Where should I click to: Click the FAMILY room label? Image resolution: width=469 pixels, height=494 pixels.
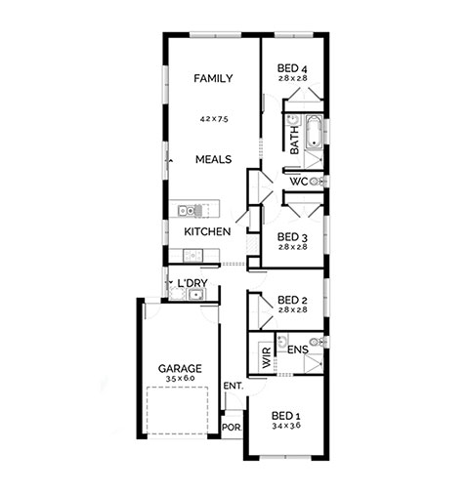click(213, 78)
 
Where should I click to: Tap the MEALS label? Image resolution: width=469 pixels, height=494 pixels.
click(213, 159)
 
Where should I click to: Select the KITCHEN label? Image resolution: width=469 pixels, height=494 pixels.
click(207, 231)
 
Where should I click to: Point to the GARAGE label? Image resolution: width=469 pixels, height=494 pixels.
click(180, 369)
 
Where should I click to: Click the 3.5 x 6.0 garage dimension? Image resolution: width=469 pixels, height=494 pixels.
click(180, 379)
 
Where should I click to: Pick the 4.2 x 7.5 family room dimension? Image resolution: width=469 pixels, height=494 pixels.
click(214, 119)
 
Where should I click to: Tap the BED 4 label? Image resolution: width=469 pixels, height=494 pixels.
click(292, 68)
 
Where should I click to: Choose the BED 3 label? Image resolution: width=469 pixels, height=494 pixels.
click(292, 237)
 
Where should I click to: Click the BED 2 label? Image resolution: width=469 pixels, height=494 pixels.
click(292, 300)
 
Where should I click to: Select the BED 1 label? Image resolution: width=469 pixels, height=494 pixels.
click(286, 416)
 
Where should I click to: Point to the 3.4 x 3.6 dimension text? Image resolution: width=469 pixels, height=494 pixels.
click(286, 426)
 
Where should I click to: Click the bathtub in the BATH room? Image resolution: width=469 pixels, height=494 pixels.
click(314, 132)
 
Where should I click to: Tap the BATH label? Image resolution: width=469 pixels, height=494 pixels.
click(294, 141)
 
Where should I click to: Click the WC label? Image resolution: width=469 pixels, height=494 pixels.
click(299, 182)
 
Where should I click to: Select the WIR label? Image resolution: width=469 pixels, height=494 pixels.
click(267, 357)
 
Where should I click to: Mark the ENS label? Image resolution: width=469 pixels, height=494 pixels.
click(298, 350)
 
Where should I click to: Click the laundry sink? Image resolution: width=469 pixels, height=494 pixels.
click(196, 295)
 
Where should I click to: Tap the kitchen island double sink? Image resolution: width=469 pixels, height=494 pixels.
click(187, 211)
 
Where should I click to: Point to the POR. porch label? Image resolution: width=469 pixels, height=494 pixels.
click(232, 428)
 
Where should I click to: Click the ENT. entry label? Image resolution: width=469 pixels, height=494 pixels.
click(234, 387)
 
